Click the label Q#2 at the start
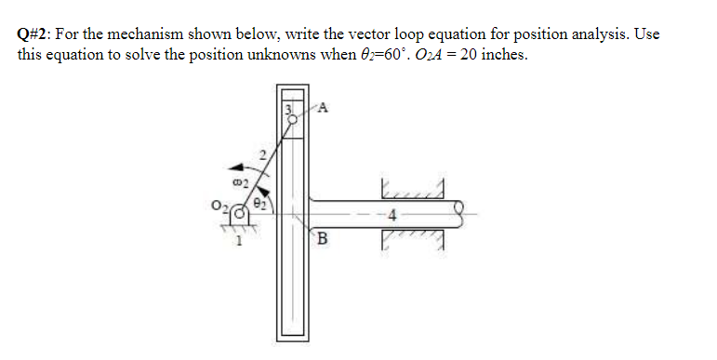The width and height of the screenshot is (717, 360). [x=33, y=34]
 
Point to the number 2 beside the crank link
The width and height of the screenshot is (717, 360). [x=263, y=154]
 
